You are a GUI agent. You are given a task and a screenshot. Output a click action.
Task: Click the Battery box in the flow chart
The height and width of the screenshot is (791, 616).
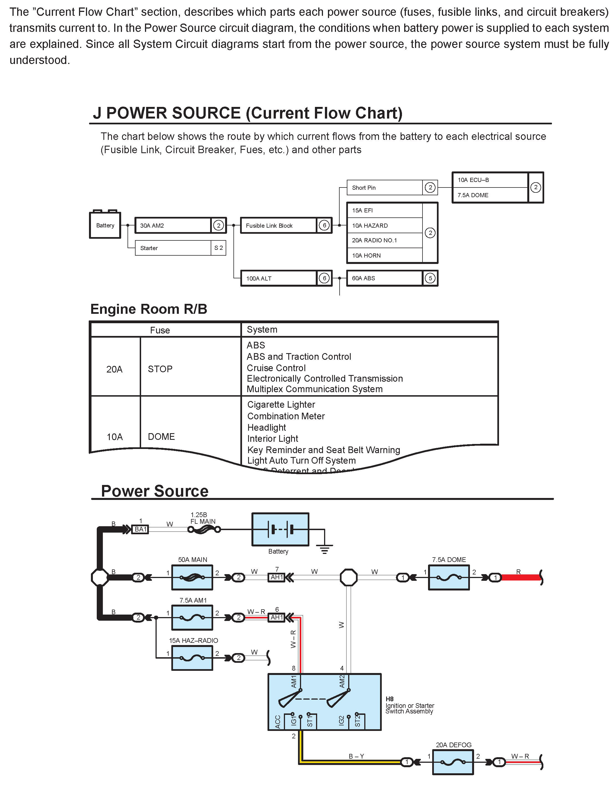tap(105, 225)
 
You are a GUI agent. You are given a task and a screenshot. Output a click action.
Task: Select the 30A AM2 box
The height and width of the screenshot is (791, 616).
tap(173, 225)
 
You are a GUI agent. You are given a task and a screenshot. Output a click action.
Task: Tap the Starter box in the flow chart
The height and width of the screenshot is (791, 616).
tap(173, 248)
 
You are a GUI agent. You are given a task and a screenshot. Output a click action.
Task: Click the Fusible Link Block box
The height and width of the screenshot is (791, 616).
tap(278, 225)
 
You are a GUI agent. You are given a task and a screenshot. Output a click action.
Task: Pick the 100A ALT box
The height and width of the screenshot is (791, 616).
tap(278, 278)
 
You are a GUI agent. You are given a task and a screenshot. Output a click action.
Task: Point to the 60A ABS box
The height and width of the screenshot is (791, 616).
tap(384, 278)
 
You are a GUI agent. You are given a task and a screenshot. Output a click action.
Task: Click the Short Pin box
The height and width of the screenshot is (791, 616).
tap(384, 188)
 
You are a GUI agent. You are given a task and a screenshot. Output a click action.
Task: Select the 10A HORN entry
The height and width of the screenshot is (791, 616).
tap(384, 255)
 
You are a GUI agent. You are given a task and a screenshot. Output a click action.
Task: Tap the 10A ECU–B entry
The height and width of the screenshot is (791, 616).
tap(490, 180)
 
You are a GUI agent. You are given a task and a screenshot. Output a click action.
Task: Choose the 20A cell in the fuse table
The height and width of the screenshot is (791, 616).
tap(114, 369)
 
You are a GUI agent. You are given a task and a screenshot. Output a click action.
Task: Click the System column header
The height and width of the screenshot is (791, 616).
tap(262, 330)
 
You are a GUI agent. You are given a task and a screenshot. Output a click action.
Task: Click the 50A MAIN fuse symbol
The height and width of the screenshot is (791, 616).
tap(192, 577)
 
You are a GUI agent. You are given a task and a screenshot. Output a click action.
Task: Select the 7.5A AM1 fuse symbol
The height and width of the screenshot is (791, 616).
tap(192, 618)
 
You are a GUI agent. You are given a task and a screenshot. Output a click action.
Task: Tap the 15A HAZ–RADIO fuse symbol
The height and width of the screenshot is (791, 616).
tap(192, 658)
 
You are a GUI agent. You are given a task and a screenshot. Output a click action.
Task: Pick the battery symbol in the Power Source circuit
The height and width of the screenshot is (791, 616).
tap(280, 530)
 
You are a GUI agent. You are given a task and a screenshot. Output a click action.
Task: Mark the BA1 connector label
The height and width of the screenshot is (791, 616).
tap(141, 530)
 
